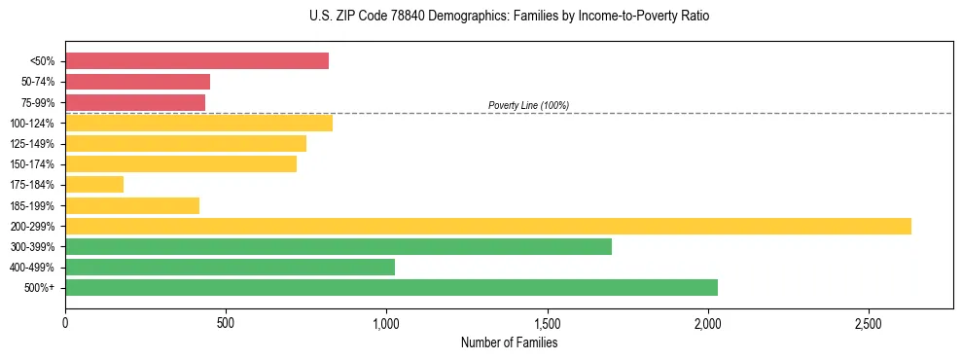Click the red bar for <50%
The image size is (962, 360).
coord(196,61)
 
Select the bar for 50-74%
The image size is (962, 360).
coord(137,82)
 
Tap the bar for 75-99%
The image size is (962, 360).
coord(135,102)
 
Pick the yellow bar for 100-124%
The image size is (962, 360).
coord(198,123)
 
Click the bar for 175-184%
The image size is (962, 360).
coord(94,185)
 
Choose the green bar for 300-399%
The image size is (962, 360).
coord(338,246)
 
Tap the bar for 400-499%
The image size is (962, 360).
coord(230,267)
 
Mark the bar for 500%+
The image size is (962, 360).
coord(391,287)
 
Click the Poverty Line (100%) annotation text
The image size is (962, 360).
coord(528,105)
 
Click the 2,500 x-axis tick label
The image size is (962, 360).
coord(869,322)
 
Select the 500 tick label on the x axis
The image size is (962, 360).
coord(226,322)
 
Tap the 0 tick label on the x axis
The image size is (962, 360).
coord(65,322)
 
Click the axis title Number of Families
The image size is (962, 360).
coord(509,342)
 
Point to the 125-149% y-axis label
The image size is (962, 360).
coord(33,144)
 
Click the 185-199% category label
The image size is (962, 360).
coord(33,205)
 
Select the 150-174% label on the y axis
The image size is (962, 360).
coord(33,164)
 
